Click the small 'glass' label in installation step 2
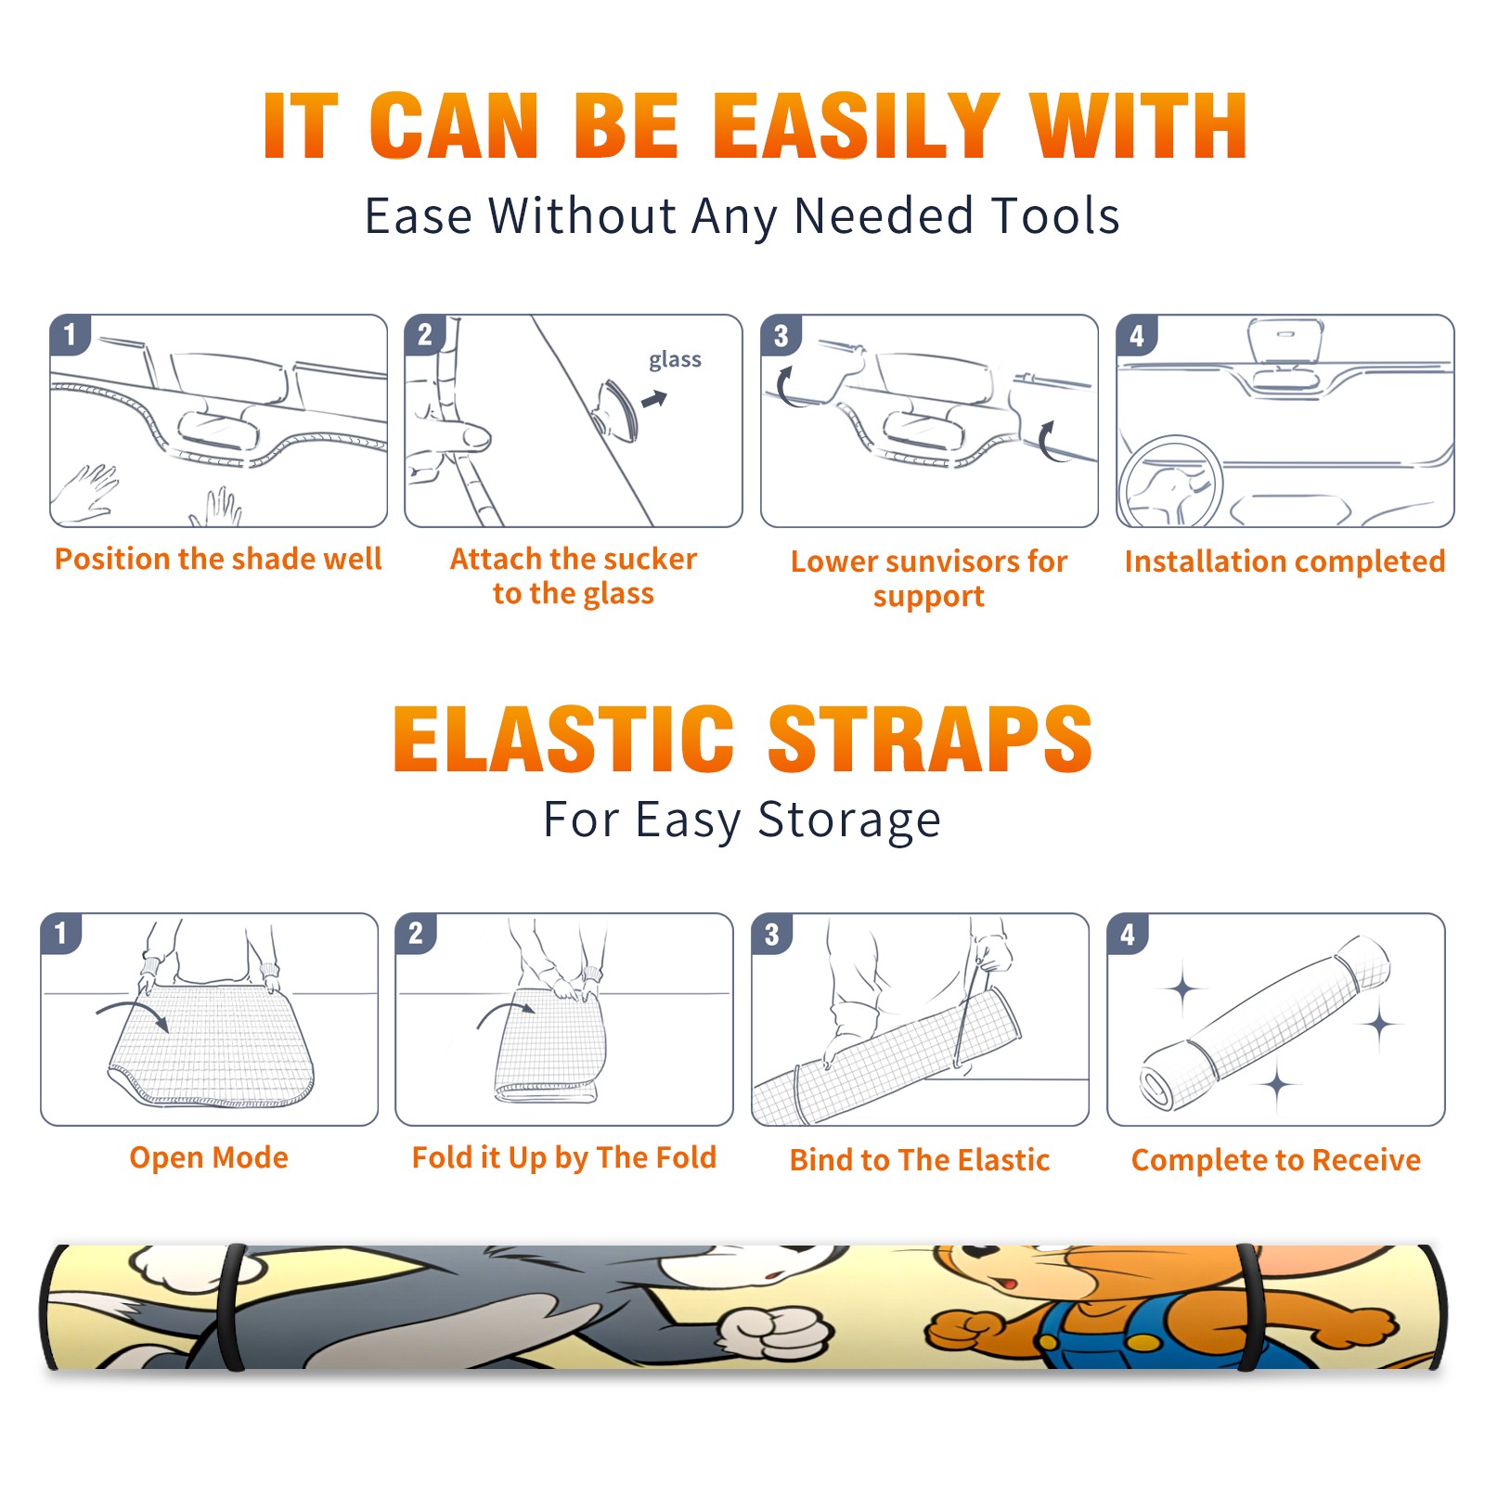675,360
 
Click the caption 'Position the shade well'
218,559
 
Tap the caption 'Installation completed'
1285,562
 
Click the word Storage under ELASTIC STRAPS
849,820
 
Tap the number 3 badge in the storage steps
772,934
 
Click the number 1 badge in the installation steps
71,334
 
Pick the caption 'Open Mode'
209,1157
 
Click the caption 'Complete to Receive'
1275,1160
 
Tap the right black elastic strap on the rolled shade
1248,1307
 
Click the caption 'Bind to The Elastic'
919,1160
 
